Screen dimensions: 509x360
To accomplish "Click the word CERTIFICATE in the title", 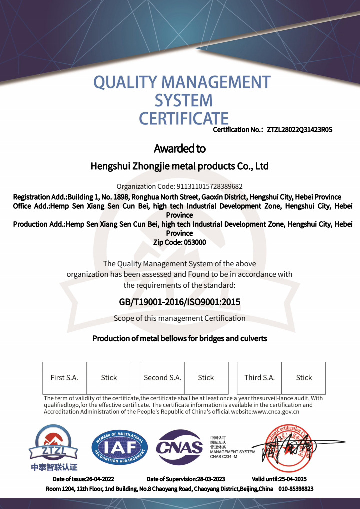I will pyautogui.click(x=183, y=118).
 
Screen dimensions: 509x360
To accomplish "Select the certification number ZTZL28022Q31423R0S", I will pyautogui.click(x=299, y=130).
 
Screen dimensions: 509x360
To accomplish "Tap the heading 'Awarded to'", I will pyautogui.click(x=179, y=148).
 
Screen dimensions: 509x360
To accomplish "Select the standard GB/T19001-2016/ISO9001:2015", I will pyautogui.click(x=179, y=302).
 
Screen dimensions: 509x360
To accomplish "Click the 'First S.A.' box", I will pyautogui.click(x=64, y=378).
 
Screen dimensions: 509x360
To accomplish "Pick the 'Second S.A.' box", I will pyautogui.click(x=162, y=378).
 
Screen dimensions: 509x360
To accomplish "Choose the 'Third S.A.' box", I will pyautogui.click(x=259, y=378).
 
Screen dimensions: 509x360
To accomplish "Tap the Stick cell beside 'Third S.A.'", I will pyautogui.click(x=304, y=378).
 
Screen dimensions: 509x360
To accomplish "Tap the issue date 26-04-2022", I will pyautogui.click(x=100, y=479).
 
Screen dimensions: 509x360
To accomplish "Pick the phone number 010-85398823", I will pyautogui.click(x=296, y=488).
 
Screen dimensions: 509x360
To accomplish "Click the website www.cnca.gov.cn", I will pyautogui.click(x=276, y=412).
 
